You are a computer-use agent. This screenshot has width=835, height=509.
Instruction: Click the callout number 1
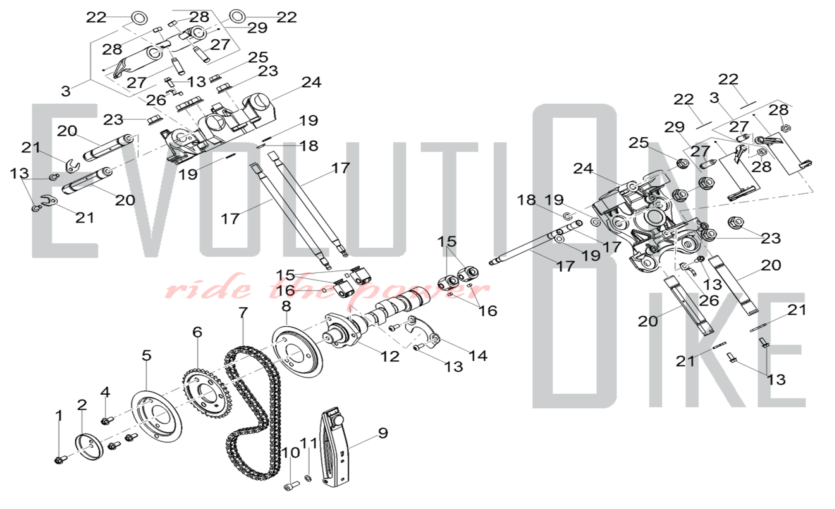(x=59, y=416)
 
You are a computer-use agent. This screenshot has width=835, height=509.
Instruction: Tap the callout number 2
(x=82, y=405)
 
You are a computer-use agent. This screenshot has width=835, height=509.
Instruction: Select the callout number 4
(x=105, y=392)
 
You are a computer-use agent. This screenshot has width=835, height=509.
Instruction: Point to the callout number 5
(x=146, y=355)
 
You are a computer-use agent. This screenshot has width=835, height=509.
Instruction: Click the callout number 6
(x=197, y=332)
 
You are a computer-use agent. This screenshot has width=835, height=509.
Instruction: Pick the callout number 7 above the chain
(x=243, y=312)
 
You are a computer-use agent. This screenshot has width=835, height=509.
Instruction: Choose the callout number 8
(x=286, y=306)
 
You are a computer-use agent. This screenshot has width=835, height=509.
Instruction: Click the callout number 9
(x=383, y=433)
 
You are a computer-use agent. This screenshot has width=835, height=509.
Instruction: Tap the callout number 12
(x=390, y=356)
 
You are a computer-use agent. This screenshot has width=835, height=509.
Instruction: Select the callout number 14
(x=478, y=355)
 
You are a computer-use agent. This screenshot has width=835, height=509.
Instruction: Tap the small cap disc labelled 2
(x=89, y=447)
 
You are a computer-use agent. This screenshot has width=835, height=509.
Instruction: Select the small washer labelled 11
(x=308, y=478)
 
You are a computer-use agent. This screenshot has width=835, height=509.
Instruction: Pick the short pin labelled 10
(x=291, y=485)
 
